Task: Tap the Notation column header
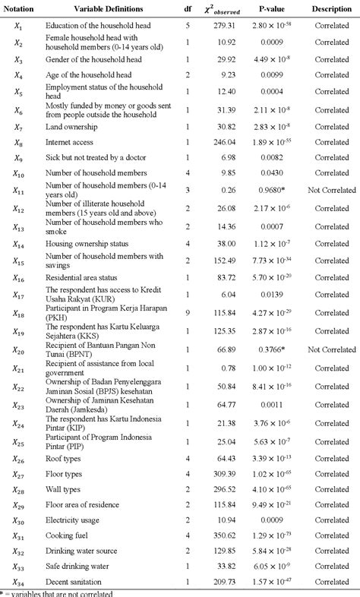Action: tap(18, 9)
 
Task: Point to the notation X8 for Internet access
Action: tap(18, 142)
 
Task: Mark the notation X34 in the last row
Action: tap(19, 581)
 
